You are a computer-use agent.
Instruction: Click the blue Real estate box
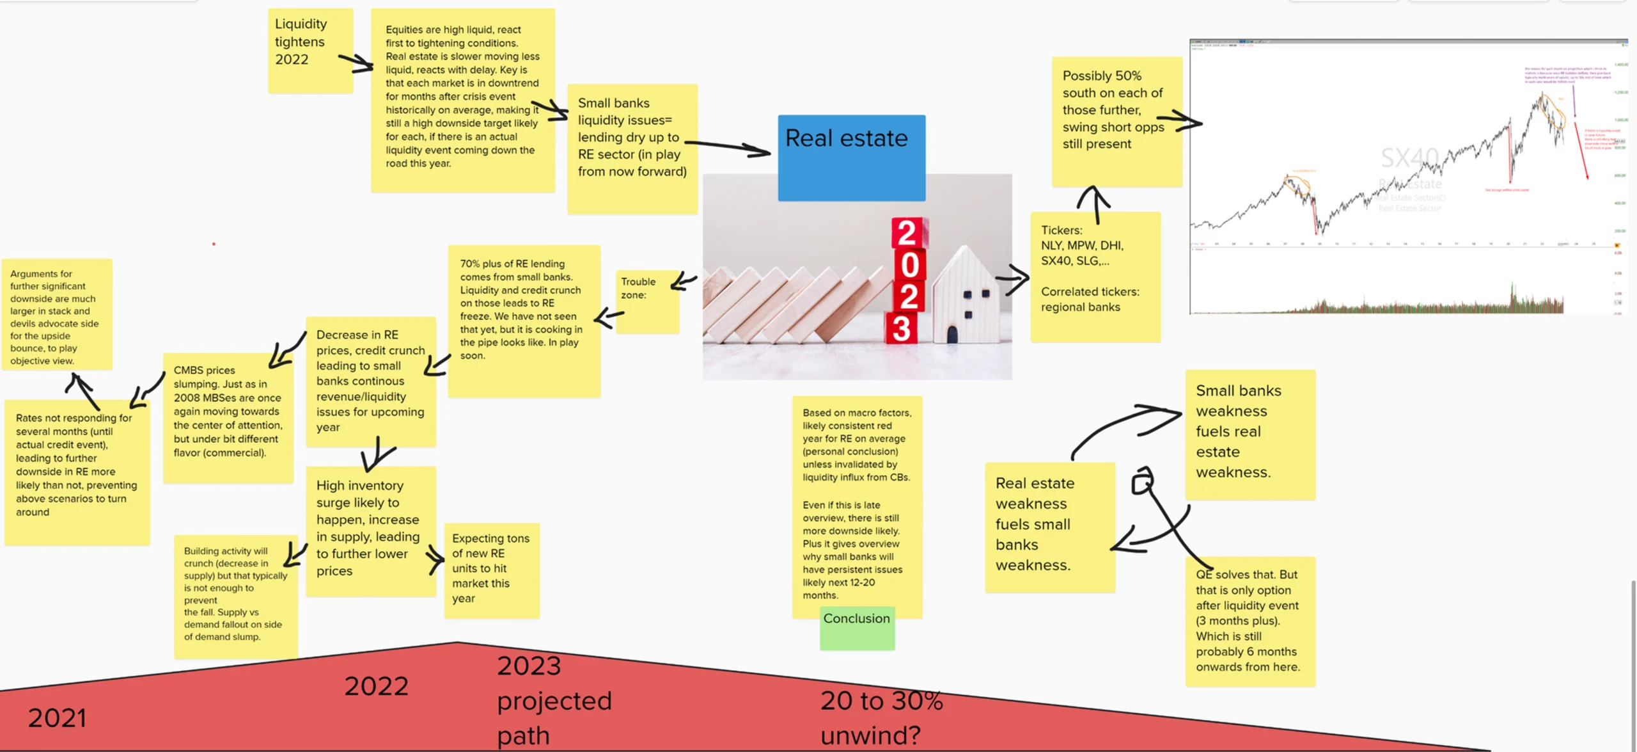coord(851,157)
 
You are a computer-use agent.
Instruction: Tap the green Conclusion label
coord(857,628)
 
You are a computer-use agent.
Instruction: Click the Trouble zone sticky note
coord(647,301)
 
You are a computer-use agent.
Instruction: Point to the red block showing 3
coord(902,328)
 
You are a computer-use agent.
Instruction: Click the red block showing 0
coord(909,265)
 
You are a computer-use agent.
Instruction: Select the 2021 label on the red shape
coord(57,718)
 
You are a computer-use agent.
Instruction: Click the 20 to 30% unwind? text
coord(881,717)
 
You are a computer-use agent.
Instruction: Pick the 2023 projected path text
coord(554,700)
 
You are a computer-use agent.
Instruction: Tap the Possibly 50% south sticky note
coord(1116,121)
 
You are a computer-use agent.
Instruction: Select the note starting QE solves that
coord(1249,621)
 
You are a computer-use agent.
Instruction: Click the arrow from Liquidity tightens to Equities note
coord(356,63)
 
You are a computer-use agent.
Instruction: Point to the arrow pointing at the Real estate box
coord(729,147)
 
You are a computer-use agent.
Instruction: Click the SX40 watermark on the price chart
coord(1409,157)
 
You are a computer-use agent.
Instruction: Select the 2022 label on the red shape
coord(376,686)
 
